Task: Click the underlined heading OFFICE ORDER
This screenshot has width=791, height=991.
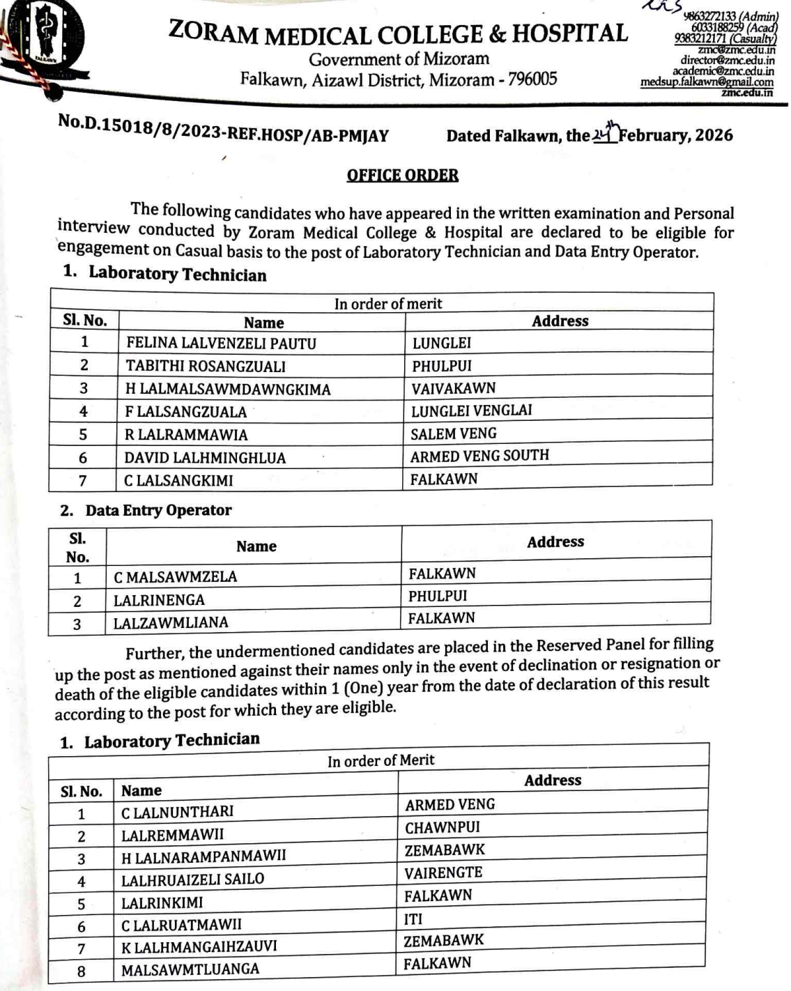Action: click(402, 175)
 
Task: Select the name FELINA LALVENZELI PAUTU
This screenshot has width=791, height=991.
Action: click(221, 344)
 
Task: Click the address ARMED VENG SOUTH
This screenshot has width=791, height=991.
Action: click(479, 456)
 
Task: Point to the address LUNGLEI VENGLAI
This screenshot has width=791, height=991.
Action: click(471, 410)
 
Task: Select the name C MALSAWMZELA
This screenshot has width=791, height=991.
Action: click(175, 577)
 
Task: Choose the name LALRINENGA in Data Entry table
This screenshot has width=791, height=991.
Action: click(159, 600)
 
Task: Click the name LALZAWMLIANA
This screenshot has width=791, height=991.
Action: click(171, 622)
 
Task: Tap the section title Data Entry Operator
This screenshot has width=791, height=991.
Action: click(158, 511)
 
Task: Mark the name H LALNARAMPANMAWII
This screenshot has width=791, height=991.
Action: click(203, 856)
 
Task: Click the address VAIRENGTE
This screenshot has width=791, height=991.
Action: click(443, 873)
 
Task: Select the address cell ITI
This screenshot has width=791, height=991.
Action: click(413, 919)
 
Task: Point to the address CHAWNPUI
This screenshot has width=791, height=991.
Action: click(443, 828)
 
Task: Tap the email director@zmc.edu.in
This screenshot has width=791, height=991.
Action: click(728, 61)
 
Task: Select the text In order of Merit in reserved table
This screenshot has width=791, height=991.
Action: click(381, 761)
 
